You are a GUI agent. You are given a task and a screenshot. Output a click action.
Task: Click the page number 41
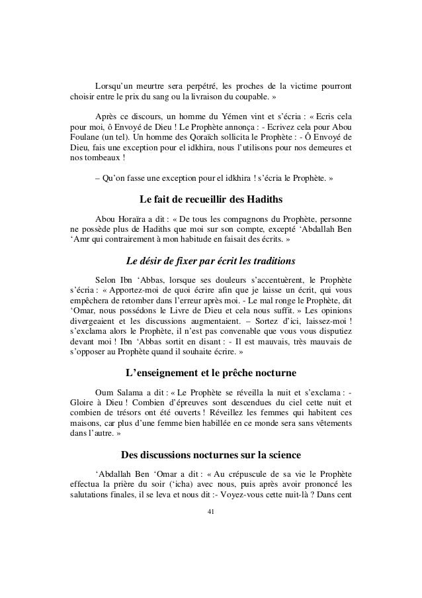click(211, 511)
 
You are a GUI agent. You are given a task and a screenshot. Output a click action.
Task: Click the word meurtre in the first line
click(158, 87)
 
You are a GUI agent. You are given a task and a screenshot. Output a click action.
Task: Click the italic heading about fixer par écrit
click(211, 260)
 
